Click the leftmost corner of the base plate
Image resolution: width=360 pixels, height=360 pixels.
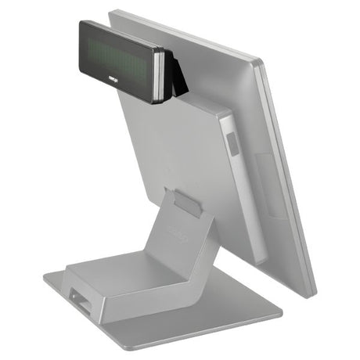point(44,275)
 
